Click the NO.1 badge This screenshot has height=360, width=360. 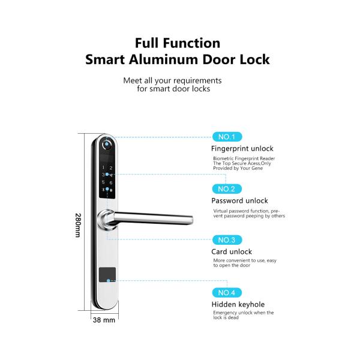pyautogui.click(x=227, y=137)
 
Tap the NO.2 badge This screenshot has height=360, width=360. pyautogui.click(x=227, y=189)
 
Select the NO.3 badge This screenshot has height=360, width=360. pyautogui.click(x=227, y=240)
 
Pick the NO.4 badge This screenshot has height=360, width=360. pyautogui.click(x=227, y=293)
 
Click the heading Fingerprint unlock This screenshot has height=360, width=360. pyautogui.click(x=242, y=149)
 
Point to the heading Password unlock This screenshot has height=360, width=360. pyautogui.click(x=239, y=200)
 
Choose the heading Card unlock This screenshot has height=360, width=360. pyautogui.click(x=232, y=251)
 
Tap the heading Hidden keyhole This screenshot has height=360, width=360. pyautogui.click(x=238, y=304)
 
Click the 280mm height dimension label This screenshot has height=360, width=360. pyautogui.click(x=78, y=225)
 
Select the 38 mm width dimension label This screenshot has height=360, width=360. pyautogui.click(x=104, y=320)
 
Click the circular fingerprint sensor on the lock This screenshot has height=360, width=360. pyautogui.click(x=107, y=144)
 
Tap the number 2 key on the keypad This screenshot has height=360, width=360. pyautogui.click(x=111, y=168)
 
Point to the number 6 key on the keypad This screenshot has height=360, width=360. pyautogui.click(x=111, y=183)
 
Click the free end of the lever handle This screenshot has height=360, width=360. pyautogui.click(x=191, y=220)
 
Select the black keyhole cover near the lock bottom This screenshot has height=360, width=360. pyautogui.click(x=107, y=275)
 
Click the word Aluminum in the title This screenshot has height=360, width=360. pyautogui.click(x=163, y=59)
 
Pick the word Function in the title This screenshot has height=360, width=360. pyautogui.click(x=192, y=43)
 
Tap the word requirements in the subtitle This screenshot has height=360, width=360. pyautogui.click(x=197, y=81)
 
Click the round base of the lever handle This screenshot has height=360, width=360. pyautogui.click(x=106, y=220)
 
